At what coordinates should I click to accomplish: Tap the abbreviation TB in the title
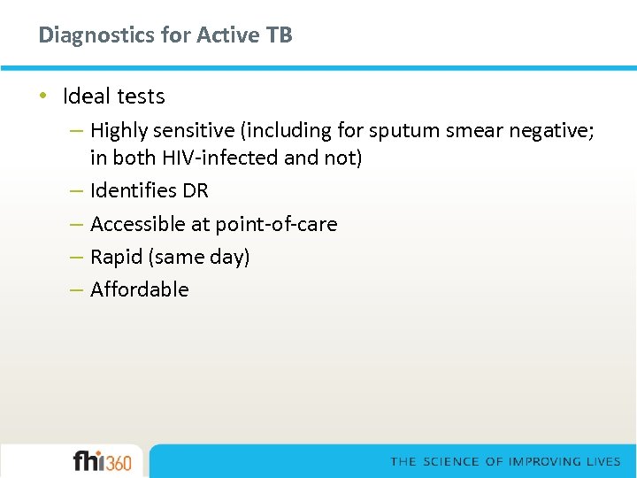[x=279, y=35]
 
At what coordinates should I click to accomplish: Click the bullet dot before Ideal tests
[x=44, y=96]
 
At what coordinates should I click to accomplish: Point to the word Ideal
[x=87, y=96]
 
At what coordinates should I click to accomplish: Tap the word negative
[x=550, y=131]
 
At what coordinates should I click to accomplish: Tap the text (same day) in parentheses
[x=200, y=257]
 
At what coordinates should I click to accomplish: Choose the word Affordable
[x=140, y=289]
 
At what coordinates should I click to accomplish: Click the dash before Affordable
[x=76, y=289]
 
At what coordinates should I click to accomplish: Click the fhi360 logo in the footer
[x=102, y=461]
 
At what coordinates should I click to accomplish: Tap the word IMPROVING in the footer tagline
[x=548, y=462]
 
